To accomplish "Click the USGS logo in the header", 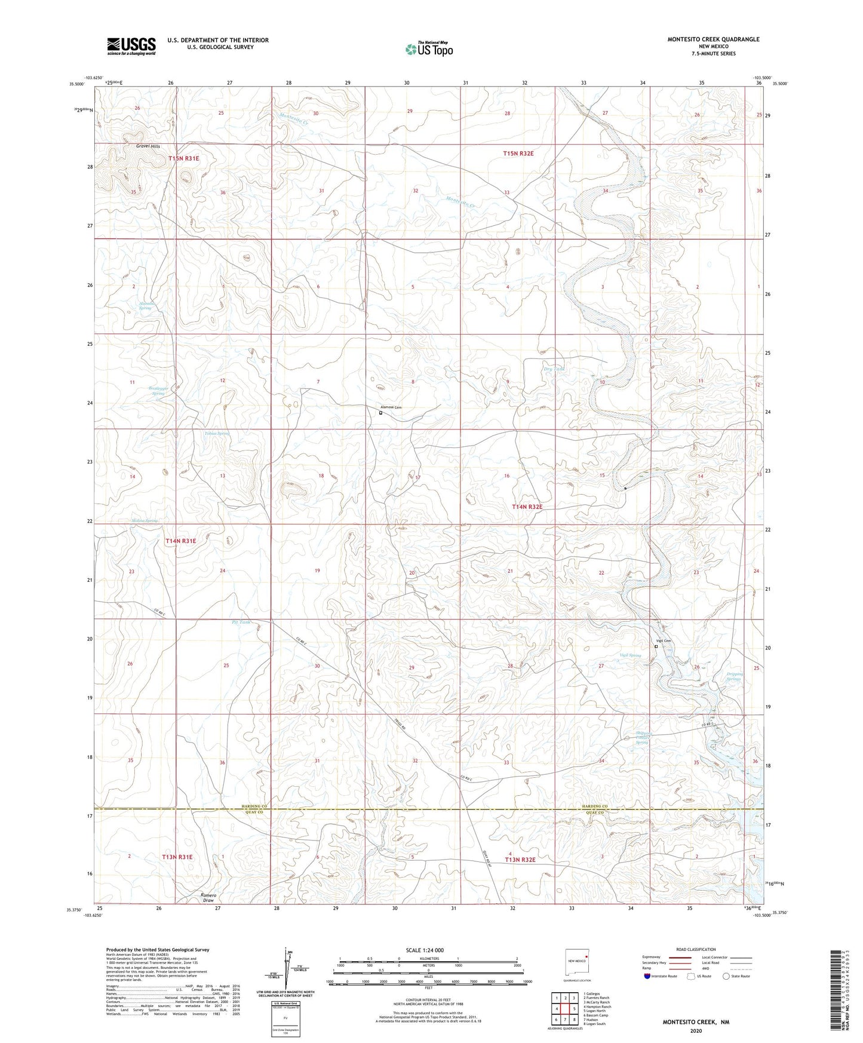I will [x=131, y=46].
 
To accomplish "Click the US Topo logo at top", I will [x=428, y=49].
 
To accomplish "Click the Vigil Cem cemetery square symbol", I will [x=656, y=646].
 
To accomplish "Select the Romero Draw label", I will [x=208, y=898].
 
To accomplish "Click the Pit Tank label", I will [x=241, y=622].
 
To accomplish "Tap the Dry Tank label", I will [x=554, y=369].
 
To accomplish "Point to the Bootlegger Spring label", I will [x=158, y=391].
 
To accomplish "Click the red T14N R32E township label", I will [x=527, y=507].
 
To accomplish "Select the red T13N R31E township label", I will [x=177, y=857].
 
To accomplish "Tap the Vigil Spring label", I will [x=630, y=655].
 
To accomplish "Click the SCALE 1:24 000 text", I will [x=424, y=950].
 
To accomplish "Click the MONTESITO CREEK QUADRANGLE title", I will [x=713, y=39].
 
